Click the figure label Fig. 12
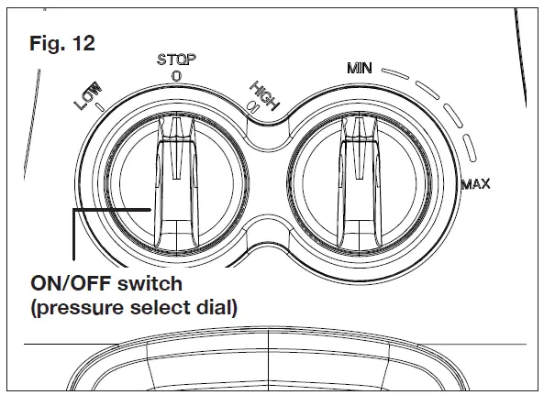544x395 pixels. [x=62, y=43]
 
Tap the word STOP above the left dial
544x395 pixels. [x=176, y=60]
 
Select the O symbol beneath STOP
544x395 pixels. [x=176, y=76]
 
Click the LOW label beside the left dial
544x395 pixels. [x=88, y=95]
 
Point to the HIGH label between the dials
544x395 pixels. [x=264, y=95]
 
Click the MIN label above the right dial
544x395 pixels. [x=360, y=68]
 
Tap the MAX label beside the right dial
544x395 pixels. [x=476, y=184]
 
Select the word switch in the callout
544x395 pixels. [x=150, y=284]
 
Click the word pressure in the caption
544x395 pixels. [x=80, y=308]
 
